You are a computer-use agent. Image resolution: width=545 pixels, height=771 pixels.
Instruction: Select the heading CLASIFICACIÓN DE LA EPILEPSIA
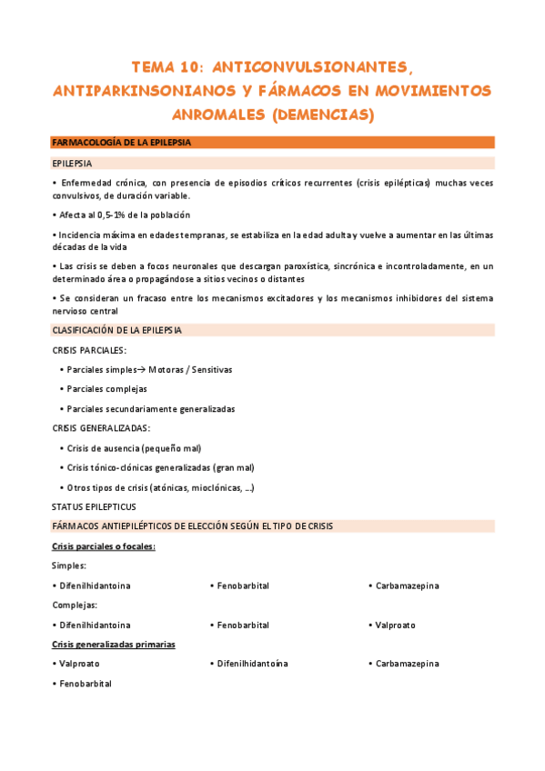coord(117,330)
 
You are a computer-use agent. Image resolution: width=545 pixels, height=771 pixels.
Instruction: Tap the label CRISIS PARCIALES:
coord(89,350)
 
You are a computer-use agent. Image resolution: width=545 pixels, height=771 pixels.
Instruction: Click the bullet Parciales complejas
coord(107,389)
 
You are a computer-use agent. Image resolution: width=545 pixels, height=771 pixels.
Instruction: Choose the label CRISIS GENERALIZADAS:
coord(101,428)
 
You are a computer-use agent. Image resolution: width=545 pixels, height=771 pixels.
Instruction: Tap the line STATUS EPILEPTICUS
coord(94,506)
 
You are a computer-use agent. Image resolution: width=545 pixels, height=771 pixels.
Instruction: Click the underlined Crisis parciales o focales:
coord(104,546)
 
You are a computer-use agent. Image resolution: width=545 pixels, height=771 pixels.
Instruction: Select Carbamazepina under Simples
coord(408,586)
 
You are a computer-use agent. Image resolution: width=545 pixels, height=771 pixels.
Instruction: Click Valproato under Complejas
coord(396,626)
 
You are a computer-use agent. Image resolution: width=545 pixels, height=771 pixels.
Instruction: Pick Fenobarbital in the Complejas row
coord(243,626)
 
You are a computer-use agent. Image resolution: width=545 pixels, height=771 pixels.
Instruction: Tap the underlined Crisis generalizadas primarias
coord(114,645)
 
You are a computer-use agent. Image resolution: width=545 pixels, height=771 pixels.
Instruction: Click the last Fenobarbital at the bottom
coord(86,684)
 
